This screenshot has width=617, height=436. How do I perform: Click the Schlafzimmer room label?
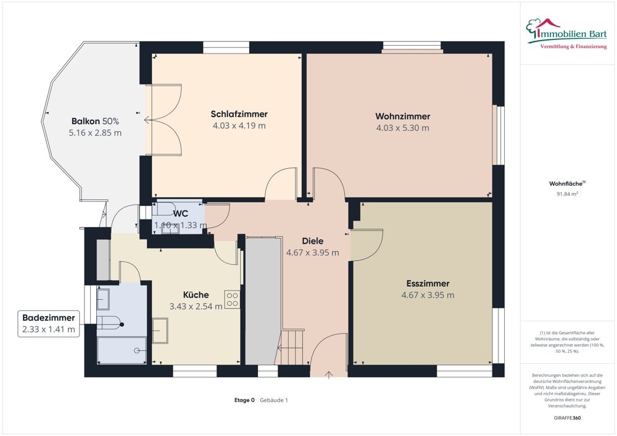239,114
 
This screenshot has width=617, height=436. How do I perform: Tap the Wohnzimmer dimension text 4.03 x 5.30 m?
402,128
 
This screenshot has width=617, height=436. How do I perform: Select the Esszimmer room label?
428,284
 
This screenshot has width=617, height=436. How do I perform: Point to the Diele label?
312,241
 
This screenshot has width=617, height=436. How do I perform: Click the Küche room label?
196,295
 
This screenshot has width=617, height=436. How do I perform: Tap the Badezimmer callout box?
48,324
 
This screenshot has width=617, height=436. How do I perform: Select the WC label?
181,213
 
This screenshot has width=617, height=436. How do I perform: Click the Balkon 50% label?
95,121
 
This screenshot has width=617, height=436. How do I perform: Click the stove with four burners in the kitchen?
232,299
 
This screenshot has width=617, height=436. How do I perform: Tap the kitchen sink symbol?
160,331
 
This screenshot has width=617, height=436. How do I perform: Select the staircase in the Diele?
292,347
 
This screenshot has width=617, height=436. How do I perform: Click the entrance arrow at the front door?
329,375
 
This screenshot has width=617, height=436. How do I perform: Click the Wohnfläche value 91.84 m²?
567,194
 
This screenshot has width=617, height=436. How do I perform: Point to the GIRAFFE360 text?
567,418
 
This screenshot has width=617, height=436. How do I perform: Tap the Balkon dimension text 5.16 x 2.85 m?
95,133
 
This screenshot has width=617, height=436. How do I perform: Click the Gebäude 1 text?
274,400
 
